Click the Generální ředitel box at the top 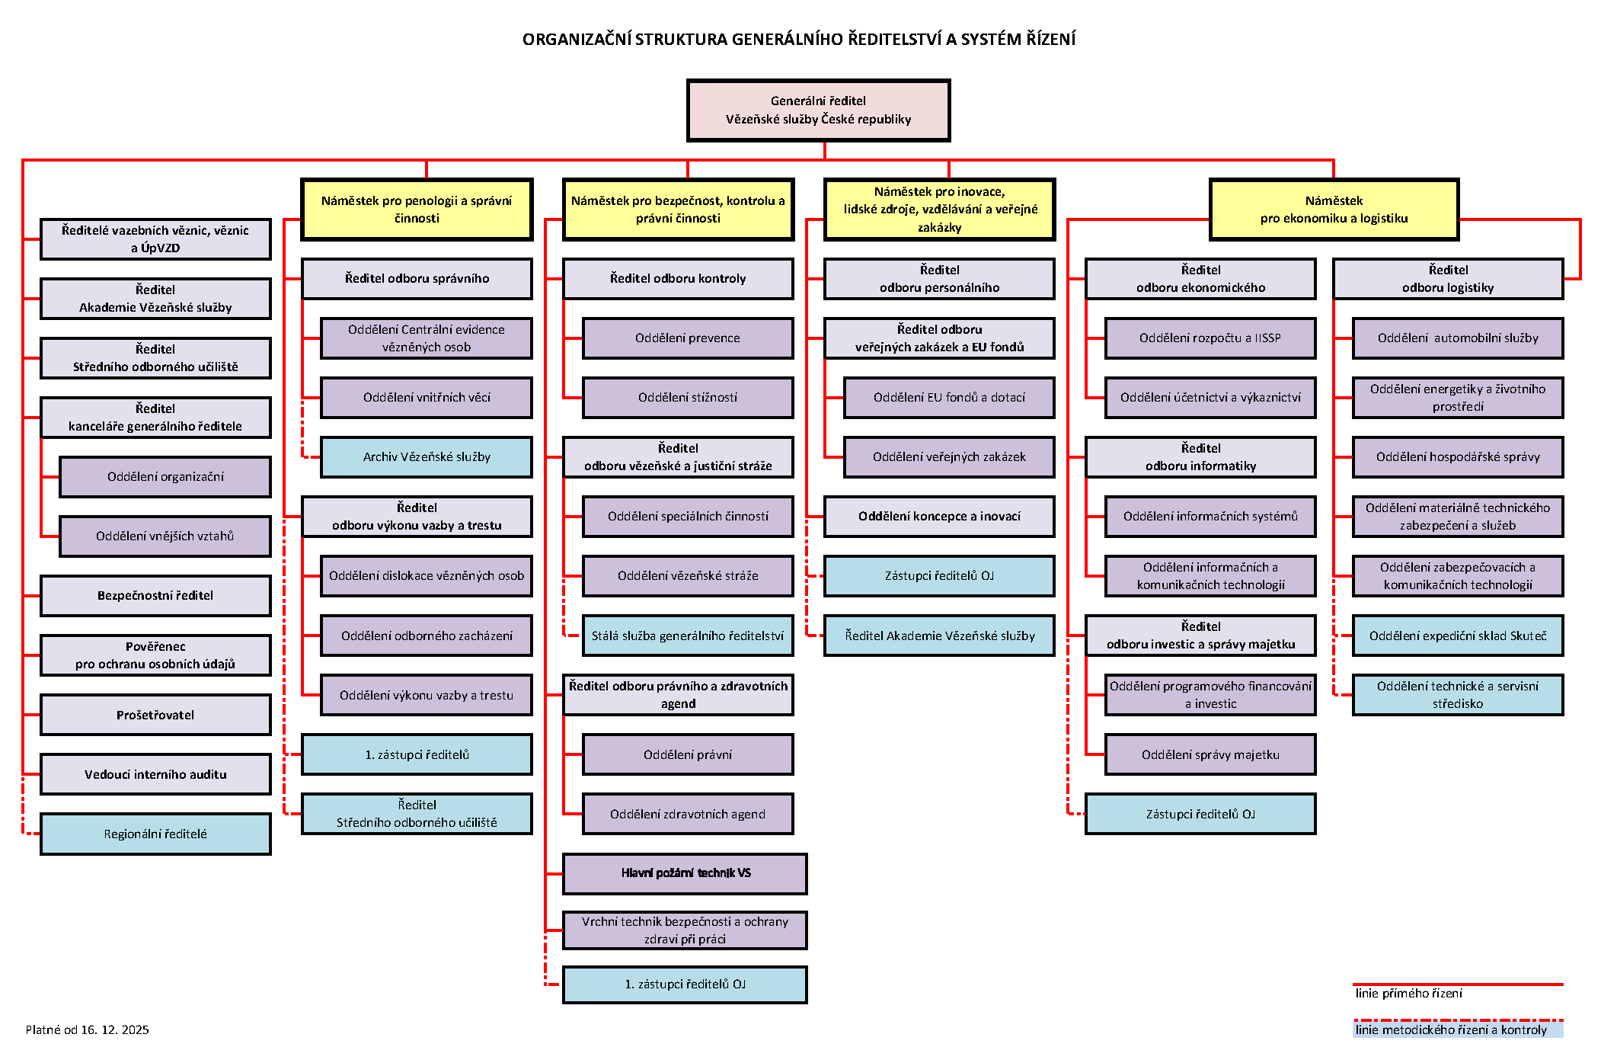pyautogui.click(x=818, y=110)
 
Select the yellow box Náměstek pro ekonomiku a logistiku pyautogui.click(x=1334, y=210)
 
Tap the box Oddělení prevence pyautogui.click(x=687, y=338)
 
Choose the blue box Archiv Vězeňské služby pyautogui.click(x=426, y=456)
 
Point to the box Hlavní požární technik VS pyautogui.click(x=685, y=873)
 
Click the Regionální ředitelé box pyautogui.click(x=155, y=834)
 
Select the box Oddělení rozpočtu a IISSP pyautogui.click(x=1210, y=338)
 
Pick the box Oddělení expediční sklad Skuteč pyautogui.click(x=1457, y=636)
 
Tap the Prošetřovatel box pyautogui.click(x=155, y=715)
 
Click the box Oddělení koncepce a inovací pyautogui.click(x=939, y=516)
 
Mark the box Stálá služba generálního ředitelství pyautogui.click(x=687, y=636)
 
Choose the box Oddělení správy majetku pyautogui.click(x=1210, y=754)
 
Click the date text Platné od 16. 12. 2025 pyautogui.click(x=88, y=1029)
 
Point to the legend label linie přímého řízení pyautogui.click(x=1408, y=993)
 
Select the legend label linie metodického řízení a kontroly pyautogui.click(x=1451, y=1029)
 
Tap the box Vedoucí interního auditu pyautogui.click(x=155, y=774)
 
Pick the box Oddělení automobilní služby pyautogui.click(x=1457, y=338)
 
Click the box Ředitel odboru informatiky pyautogui.click(x=1200, y=456)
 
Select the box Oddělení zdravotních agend pyautogui.click(x=687, y=814)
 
